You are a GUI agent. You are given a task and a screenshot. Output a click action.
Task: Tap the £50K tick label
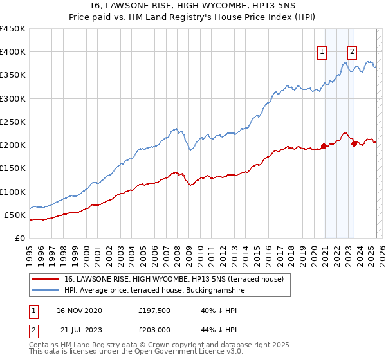click(x=15, y=215)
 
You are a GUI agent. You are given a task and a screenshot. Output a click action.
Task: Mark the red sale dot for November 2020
click(x=324, y=145)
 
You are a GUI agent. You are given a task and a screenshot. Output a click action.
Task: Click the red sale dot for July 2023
click(x=354, y=143)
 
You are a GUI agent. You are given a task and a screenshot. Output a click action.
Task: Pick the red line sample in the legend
click(x=45, y=279)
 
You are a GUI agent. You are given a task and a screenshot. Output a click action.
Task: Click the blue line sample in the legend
click(x=45, y=290)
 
